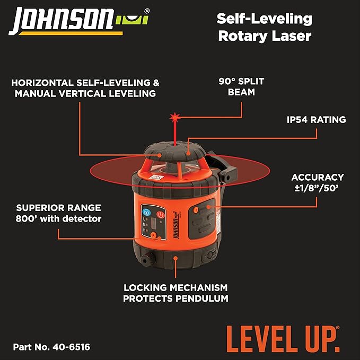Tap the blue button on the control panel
pos(147,213)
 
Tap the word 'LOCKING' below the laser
pos(145,288)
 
